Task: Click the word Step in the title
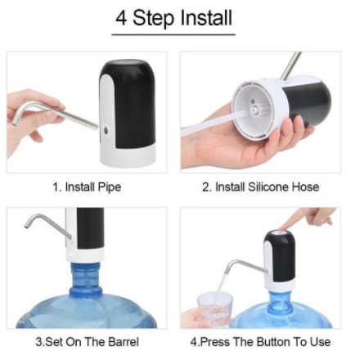point(153,18)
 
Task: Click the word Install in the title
point(206,17)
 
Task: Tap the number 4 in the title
point(121,18)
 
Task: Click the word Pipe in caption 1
point(109,187)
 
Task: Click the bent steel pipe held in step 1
point(56,114)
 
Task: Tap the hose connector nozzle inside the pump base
point(255,109)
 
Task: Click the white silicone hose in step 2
point(215,123)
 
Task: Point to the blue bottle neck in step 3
point(86,278)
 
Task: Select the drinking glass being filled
point(215,310)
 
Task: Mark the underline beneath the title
point(173,34)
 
